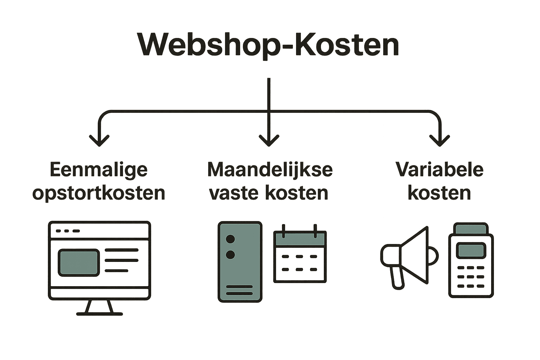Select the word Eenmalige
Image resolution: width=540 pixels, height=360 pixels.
[x=99, y=170]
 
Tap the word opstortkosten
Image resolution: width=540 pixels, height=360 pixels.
[x=99, y=193]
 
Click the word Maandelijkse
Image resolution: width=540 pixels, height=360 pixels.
[x=270, y=170]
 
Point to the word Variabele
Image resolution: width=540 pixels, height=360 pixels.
[x=439, y=170]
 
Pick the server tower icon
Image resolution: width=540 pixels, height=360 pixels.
[x=240, y=262]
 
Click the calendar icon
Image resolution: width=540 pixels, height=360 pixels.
[x=300, y=255]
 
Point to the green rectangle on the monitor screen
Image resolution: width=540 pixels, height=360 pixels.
[x=78, y=263]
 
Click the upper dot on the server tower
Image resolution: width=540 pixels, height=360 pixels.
[x=230, y=239]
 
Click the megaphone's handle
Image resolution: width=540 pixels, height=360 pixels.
[x=398, y=278]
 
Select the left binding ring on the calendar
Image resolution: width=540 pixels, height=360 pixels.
[x=283, y=231]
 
